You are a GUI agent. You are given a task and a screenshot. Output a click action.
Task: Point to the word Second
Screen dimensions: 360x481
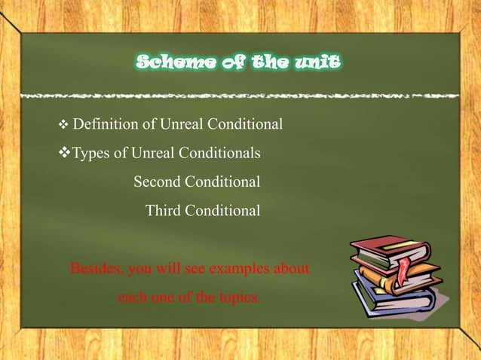coord(158,182)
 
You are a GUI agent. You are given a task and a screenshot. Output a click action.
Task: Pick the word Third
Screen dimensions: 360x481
coord(163,211)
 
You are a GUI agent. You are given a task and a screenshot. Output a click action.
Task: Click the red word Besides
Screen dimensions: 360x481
coord(96,267)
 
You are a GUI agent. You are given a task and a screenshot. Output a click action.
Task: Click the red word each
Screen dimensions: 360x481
coord(132,297)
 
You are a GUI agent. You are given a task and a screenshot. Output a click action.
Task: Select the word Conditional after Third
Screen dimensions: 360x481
coord(224,211)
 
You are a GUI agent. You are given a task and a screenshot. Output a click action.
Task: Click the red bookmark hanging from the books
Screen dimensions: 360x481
coord(406,267)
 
